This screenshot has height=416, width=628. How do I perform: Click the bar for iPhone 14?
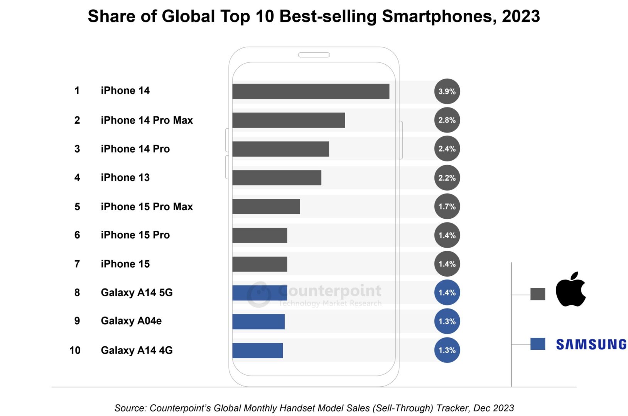click(311, 91)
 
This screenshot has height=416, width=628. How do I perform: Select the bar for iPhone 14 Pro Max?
click(289, 120)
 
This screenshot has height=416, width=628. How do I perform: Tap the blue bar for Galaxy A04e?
click(258, 322)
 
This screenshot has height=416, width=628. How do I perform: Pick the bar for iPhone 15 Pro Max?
click(266, 206)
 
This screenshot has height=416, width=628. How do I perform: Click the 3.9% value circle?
click(447, 91)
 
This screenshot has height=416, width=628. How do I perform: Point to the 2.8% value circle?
click(447, 120)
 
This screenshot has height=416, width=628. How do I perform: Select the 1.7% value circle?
click(447, 206)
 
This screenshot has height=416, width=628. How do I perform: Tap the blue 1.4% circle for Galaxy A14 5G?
click(447, 293)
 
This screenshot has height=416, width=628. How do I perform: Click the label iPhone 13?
click(125, 178)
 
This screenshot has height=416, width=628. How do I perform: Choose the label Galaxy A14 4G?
click(137, 350)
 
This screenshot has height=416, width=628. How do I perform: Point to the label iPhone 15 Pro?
click(135, 235)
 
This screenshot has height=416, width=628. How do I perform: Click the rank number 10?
click(75, 350)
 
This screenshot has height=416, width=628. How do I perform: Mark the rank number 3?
click(77, 149)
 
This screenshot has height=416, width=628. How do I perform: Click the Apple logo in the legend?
click(571, 290)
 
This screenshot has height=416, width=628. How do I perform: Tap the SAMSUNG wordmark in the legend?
click(591, 344)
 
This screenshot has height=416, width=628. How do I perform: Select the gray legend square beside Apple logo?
click(537, 294)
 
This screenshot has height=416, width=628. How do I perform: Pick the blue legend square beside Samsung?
click(537, 344)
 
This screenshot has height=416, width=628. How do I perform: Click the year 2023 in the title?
click(520, 16)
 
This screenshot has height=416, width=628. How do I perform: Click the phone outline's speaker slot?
click(314, 55)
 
